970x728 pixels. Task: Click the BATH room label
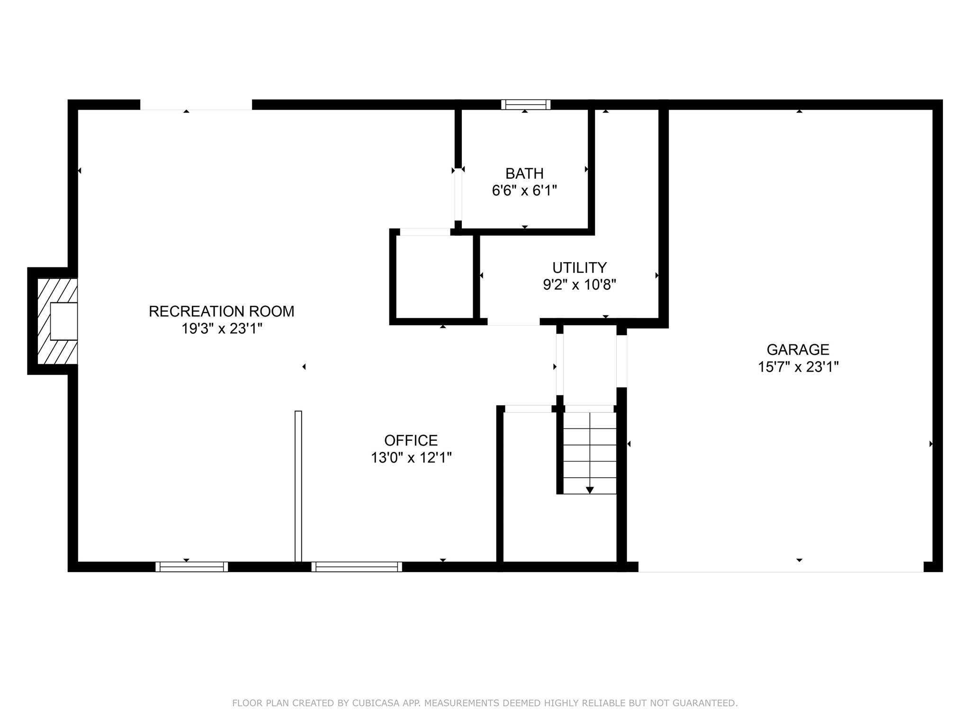pos(524,173)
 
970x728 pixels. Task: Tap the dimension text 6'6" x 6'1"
pos(524,191)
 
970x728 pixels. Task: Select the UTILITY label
pos(579,268)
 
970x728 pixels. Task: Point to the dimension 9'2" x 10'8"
pos(579,285)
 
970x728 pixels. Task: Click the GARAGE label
pos(798,350)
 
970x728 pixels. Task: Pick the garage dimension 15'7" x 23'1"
pos(798,367)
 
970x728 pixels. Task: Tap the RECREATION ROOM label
pos(221,311)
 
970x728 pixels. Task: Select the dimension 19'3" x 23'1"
pos(221,328)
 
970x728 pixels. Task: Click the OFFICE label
pos(411,440)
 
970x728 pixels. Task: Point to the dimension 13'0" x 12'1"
pos(411,458)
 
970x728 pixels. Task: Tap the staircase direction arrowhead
pos(590,490)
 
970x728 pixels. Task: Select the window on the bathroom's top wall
pos(526,104)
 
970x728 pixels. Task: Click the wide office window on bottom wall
pos(356,566)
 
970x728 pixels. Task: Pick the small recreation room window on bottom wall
pos(191,566)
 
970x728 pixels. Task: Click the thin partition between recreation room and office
pos(298,486)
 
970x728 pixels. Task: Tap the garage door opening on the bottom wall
pos(781,567)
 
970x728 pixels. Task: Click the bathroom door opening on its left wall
pos(458,194)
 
